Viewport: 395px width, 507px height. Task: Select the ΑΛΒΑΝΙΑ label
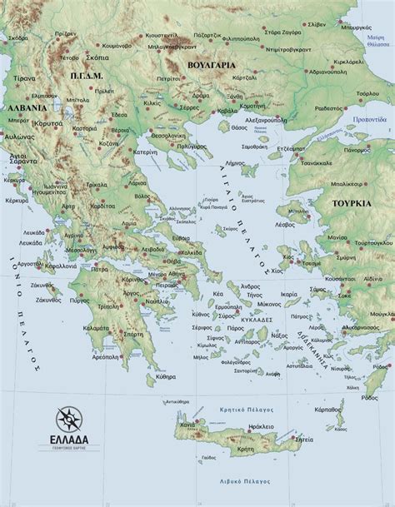coord(25,108)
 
